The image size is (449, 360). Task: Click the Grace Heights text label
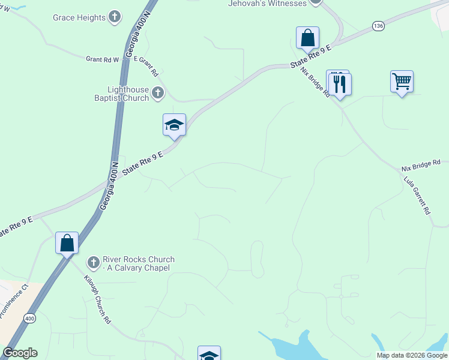pos(79,18)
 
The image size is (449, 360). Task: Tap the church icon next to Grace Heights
pos(115,17)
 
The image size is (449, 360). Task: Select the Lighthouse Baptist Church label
pos(121,92)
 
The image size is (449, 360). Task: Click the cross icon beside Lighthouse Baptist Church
pos(158,92)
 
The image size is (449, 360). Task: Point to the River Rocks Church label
pos(139,263)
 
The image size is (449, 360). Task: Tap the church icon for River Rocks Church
pos(93,263)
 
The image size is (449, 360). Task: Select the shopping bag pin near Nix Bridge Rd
pos(307,38)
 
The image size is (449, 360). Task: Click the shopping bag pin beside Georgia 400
pos(67,243)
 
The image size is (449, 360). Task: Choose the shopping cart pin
pos(402,81)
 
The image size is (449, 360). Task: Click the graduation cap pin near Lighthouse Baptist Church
pos(174,125)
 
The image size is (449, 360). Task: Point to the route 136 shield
pos(378,26)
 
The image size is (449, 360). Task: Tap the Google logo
pos(20,353)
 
